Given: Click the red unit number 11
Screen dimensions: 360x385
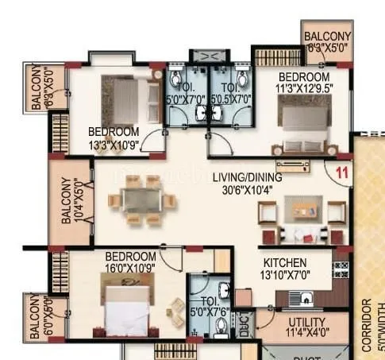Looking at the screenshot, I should [x=342, y=170].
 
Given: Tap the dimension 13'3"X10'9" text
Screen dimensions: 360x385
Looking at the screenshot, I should [x=114, y=144].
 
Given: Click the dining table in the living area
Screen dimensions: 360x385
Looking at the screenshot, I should [x=140, y=197].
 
